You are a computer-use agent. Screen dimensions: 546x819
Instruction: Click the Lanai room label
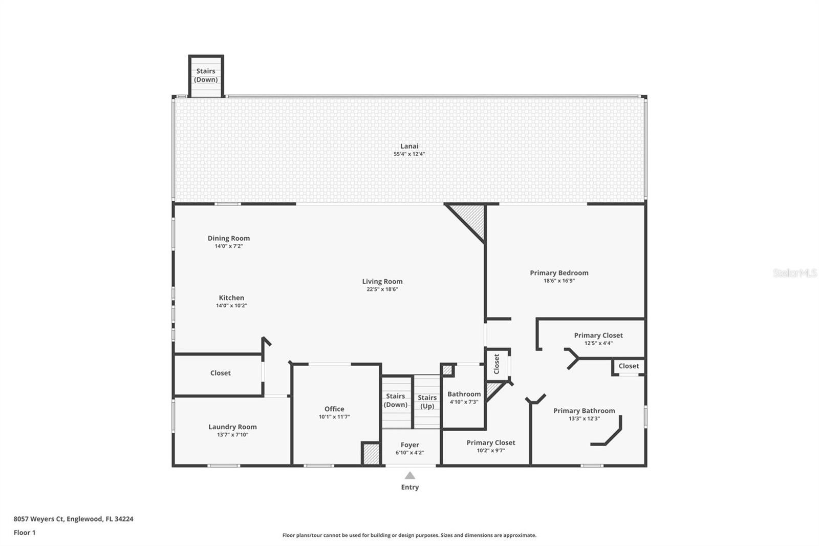[409, 146]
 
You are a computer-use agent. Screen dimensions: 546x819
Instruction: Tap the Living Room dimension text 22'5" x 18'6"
[382, 289]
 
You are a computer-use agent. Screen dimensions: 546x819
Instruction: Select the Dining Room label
[228, 238]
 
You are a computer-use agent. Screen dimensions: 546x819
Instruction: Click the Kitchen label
[231, 298]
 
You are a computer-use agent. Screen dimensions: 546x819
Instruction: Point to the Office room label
[334, 409]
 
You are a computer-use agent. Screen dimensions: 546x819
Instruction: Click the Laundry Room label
[232, 427]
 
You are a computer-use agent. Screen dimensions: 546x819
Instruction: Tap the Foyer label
[409, 445]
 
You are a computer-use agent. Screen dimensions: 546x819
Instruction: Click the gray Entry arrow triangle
[409, 476]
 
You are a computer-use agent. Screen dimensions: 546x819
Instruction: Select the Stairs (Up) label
[427, 402]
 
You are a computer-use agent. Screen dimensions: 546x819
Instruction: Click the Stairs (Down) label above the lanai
[206, 75]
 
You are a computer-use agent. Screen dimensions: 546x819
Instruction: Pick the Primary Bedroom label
[559, 273]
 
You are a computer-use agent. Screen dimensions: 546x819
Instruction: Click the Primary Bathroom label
[584, 411]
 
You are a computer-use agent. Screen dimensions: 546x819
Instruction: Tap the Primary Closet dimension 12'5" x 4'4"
[598, 343]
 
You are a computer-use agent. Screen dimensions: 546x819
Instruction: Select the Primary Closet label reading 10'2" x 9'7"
[490, 443]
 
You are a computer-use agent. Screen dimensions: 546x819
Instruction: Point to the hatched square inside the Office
[371, 454]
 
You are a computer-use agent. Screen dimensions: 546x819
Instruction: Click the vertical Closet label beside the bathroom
[496, 364]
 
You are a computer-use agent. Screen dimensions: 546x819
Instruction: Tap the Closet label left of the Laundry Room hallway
[220, 373]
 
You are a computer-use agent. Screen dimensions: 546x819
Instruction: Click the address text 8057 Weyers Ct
[39, 519]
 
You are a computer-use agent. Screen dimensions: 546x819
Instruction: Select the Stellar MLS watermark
[794, 273]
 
